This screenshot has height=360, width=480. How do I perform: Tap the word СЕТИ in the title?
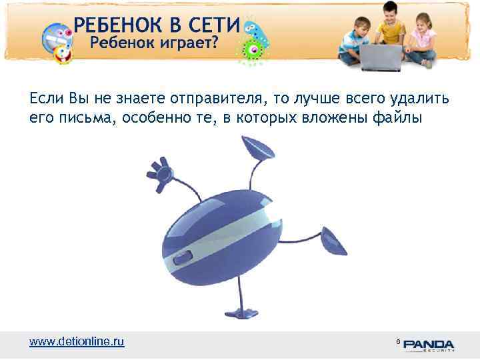pyautogui.click(x=211, y=25)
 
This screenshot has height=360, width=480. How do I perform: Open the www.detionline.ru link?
pyautogui.click(x=77, y=341)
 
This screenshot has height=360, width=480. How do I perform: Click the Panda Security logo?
pyautogui.click(x=428, y=345)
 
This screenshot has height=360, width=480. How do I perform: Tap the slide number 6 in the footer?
pyautogui.click(x=398, y=341)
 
